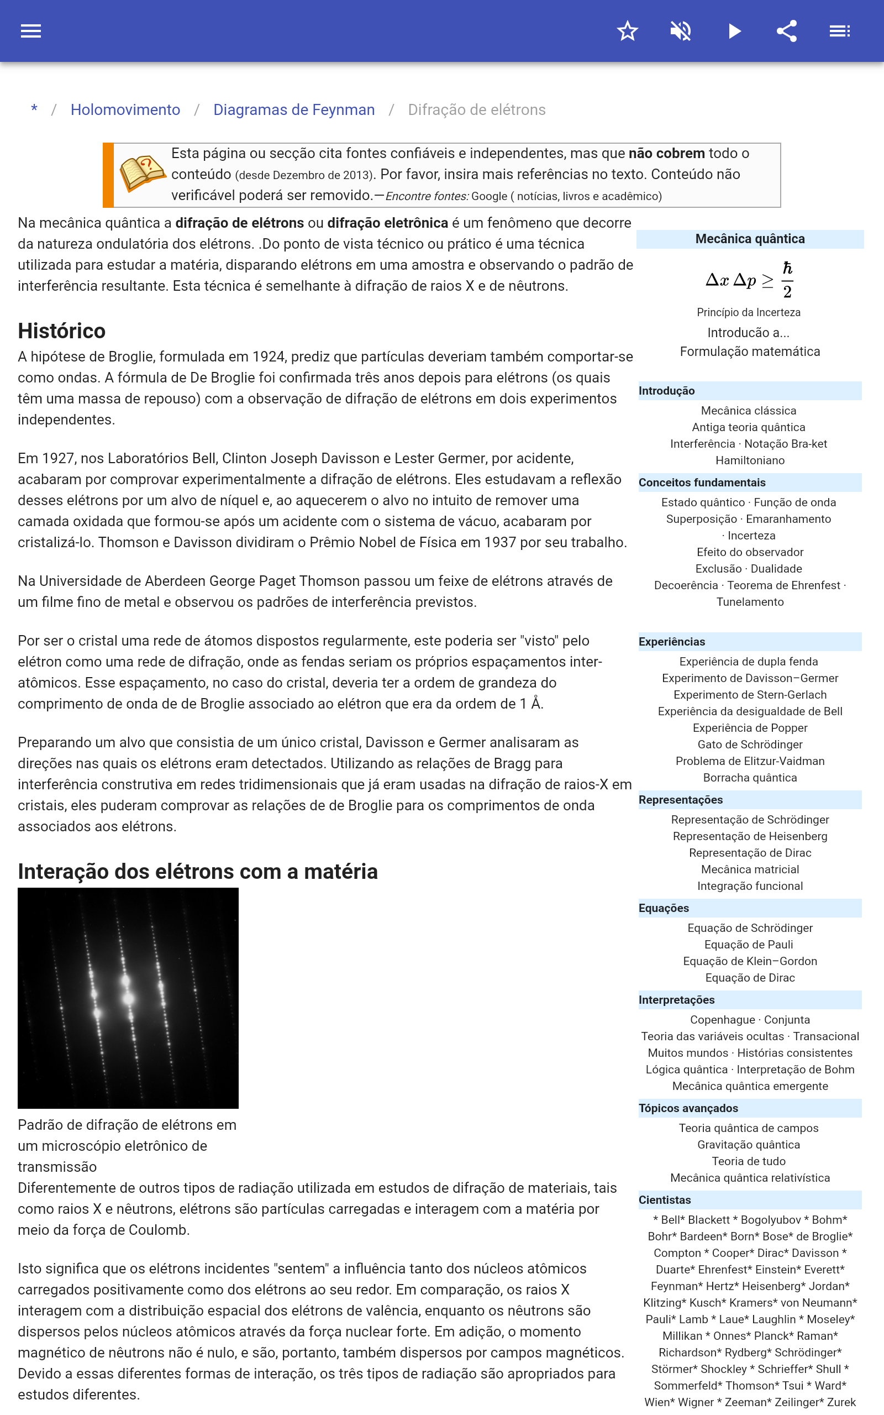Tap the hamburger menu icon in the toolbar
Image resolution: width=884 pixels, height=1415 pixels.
click(31, 31)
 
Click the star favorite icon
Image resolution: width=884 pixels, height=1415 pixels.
click(627, 31)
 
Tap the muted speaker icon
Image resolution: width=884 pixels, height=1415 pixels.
click(681, 31)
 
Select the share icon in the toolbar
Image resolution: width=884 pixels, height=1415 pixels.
click(787, 31)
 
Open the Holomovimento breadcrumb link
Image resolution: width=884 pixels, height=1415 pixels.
click(125, 110)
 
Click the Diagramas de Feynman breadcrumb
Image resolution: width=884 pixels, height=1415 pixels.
click(293, 110)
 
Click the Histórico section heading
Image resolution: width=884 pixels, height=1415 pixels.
click(61, 331)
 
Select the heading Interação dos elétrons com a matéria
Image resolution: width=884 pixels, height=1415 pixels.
click(198, 871)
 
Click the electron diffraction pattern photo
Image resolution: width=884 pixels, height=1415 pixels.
click(128, 998)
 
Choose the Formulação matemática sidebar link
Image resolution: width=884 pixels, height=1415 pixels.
click(750, 352)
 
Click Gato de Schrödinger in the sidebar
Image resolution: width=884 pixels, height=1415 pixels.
click(750, 745)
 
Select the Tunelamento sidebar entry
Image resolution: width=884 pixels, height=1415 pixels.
click(750, 602)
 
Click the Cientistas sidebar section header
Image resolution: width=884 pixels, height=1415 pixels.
click(665, 1200)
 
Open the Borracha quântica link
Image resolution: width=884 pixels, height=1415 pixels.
click(750, 778)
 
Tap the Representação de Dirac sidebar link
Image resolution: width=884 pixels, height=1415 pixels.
click(750, 852)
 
